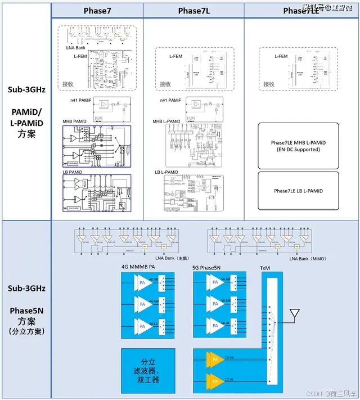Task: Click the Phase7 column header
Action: pyautogui.click(x=97, y=11)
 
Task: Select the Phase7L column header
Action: pyautogui.click(x=194, y=11)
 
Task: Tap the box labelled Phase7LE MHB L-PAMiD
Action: pyautogui.click(x=298, y=146)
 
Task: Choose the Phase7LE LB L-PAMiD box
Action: pyautogui.click(x=298, y=191)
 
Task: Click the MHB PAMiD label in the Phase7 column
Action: pyautogui.click(x=75, y=122)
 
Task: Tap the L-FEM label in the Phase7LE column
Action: pyautogui.click(x=281, y=56)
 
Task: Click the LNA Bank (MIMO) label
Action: pyautogui.click(x=307, y=258)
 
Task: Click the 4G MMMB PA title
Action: pyautogui.click(x=138, y=266)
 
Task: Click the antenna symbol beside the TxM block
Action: pyautogui.click(x=294, y=314)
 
